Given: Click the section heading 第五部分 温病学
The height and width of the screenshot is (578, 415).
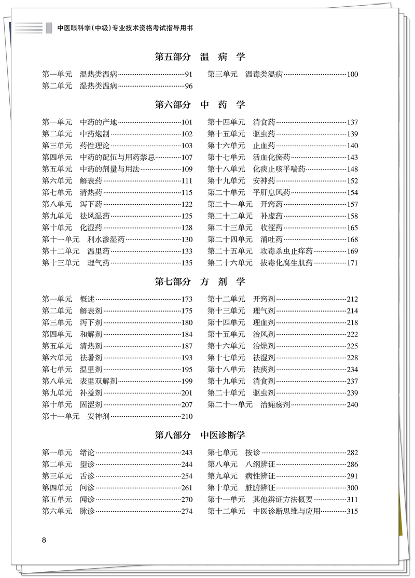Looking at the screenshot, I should pyautogui.click(x=200, y=57).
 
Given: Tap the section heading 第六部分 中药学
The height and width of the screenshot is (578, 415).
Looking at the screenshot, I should pyautogui.click(x=200, y=105).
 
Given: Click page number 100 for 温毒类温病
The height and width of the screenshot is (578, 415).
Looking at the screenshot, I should pyautogui.click(x=352, y=74).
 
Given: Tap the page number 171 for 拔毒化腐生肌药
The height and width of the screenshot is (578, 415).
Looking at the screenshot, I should pyautogui.click(x=352, y=263).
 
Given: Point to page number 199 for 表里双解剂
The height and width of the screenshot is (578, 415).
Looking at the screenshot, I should pyautogui.click(x=187, y=381).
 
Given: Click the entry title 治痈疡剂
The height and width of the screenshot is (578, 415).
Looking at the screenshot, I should pyautogui.click(x=275, y=405).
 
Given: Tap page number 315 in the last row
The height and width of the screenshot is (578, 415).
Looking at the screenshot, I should pyautogui.click(x=352, y=511).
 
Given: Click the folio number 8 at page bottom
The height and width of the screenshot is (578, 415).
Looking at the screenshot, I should pyautogui.click(x=44, y=540).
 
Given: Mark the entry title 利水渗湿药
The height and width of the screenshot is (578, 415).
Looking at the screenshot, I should pyautogui.click(x=106, y=239).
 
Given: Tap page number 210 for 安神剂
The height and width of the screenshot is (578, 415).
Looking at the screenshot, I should pyautogui.click(x=187, y=416).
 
